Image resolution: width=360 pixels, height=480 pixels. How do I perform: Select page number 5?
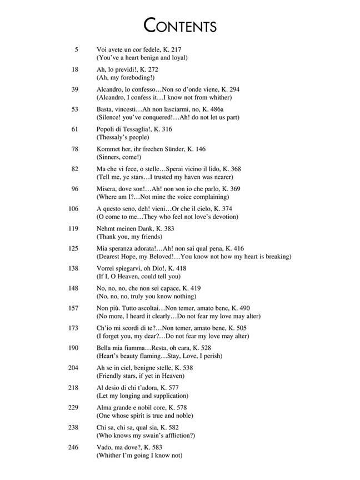pos(76,50)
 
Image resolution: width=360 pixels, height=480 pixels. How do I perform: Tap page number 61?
pos(74,129)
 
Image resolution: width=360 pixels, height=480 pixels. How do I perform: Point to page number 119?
pos(73,228)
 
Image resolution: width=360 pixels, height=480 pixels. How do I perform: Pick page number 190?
pos(73,347)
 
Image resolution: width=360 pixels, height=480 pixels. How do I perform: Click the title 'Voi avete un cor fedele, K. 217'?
pos(139,50)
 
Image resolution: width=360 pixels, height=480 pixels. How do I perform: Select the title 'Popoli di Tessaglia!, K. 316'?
pos(134,129)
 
